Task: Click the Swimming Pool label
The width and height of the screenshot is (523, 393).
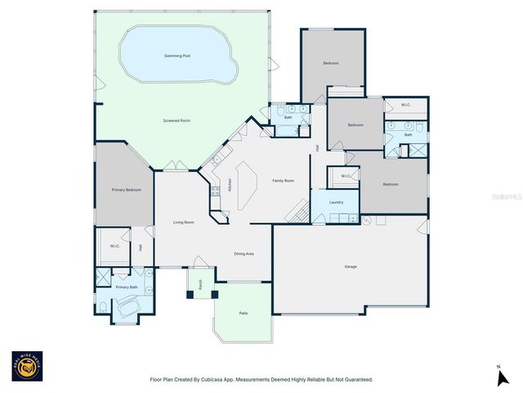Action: [x=177, y=56]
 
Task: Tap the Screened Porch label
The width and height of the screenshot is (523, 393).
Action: [x=177, y=120]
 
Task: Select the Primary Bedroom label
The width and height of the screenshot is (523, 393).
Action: [x=126, y=190]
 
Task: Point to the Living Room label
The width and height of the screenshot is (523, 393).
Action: [x=183, y=223]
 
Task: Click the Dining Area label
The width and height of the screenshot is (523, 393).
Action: [x=244, y=254]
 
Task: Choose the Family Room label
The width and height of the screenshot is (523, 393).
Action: [x=283, y=180]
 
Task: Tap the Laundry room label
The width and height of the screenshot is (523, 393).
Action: [x=336, y=202]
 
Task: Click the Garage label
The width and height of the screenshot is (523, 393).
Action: [x=351, y=267]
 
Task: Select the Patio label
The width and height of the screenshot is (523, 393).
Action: [x=244, y=314]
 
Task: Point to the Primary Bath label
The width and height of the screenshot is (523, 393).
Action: [x=126, y=287]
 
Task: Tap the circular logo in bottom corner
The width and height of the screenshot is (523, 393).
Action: [x=27, y=367]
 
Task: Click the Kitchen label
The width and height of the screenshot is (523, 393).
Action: [x=230, y=185]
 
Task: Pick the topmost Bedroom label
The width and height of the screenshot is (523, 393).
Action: [x=330, y=63]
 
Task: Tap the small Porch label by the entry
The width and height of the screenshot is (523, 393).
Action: [x=201, y=286]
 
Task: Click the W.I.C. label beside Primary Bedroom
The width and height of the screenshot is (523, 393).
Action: [x=115, y=246]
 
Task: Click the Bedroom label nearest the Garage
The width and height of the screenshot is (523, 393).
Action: [x=391, y=184]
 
